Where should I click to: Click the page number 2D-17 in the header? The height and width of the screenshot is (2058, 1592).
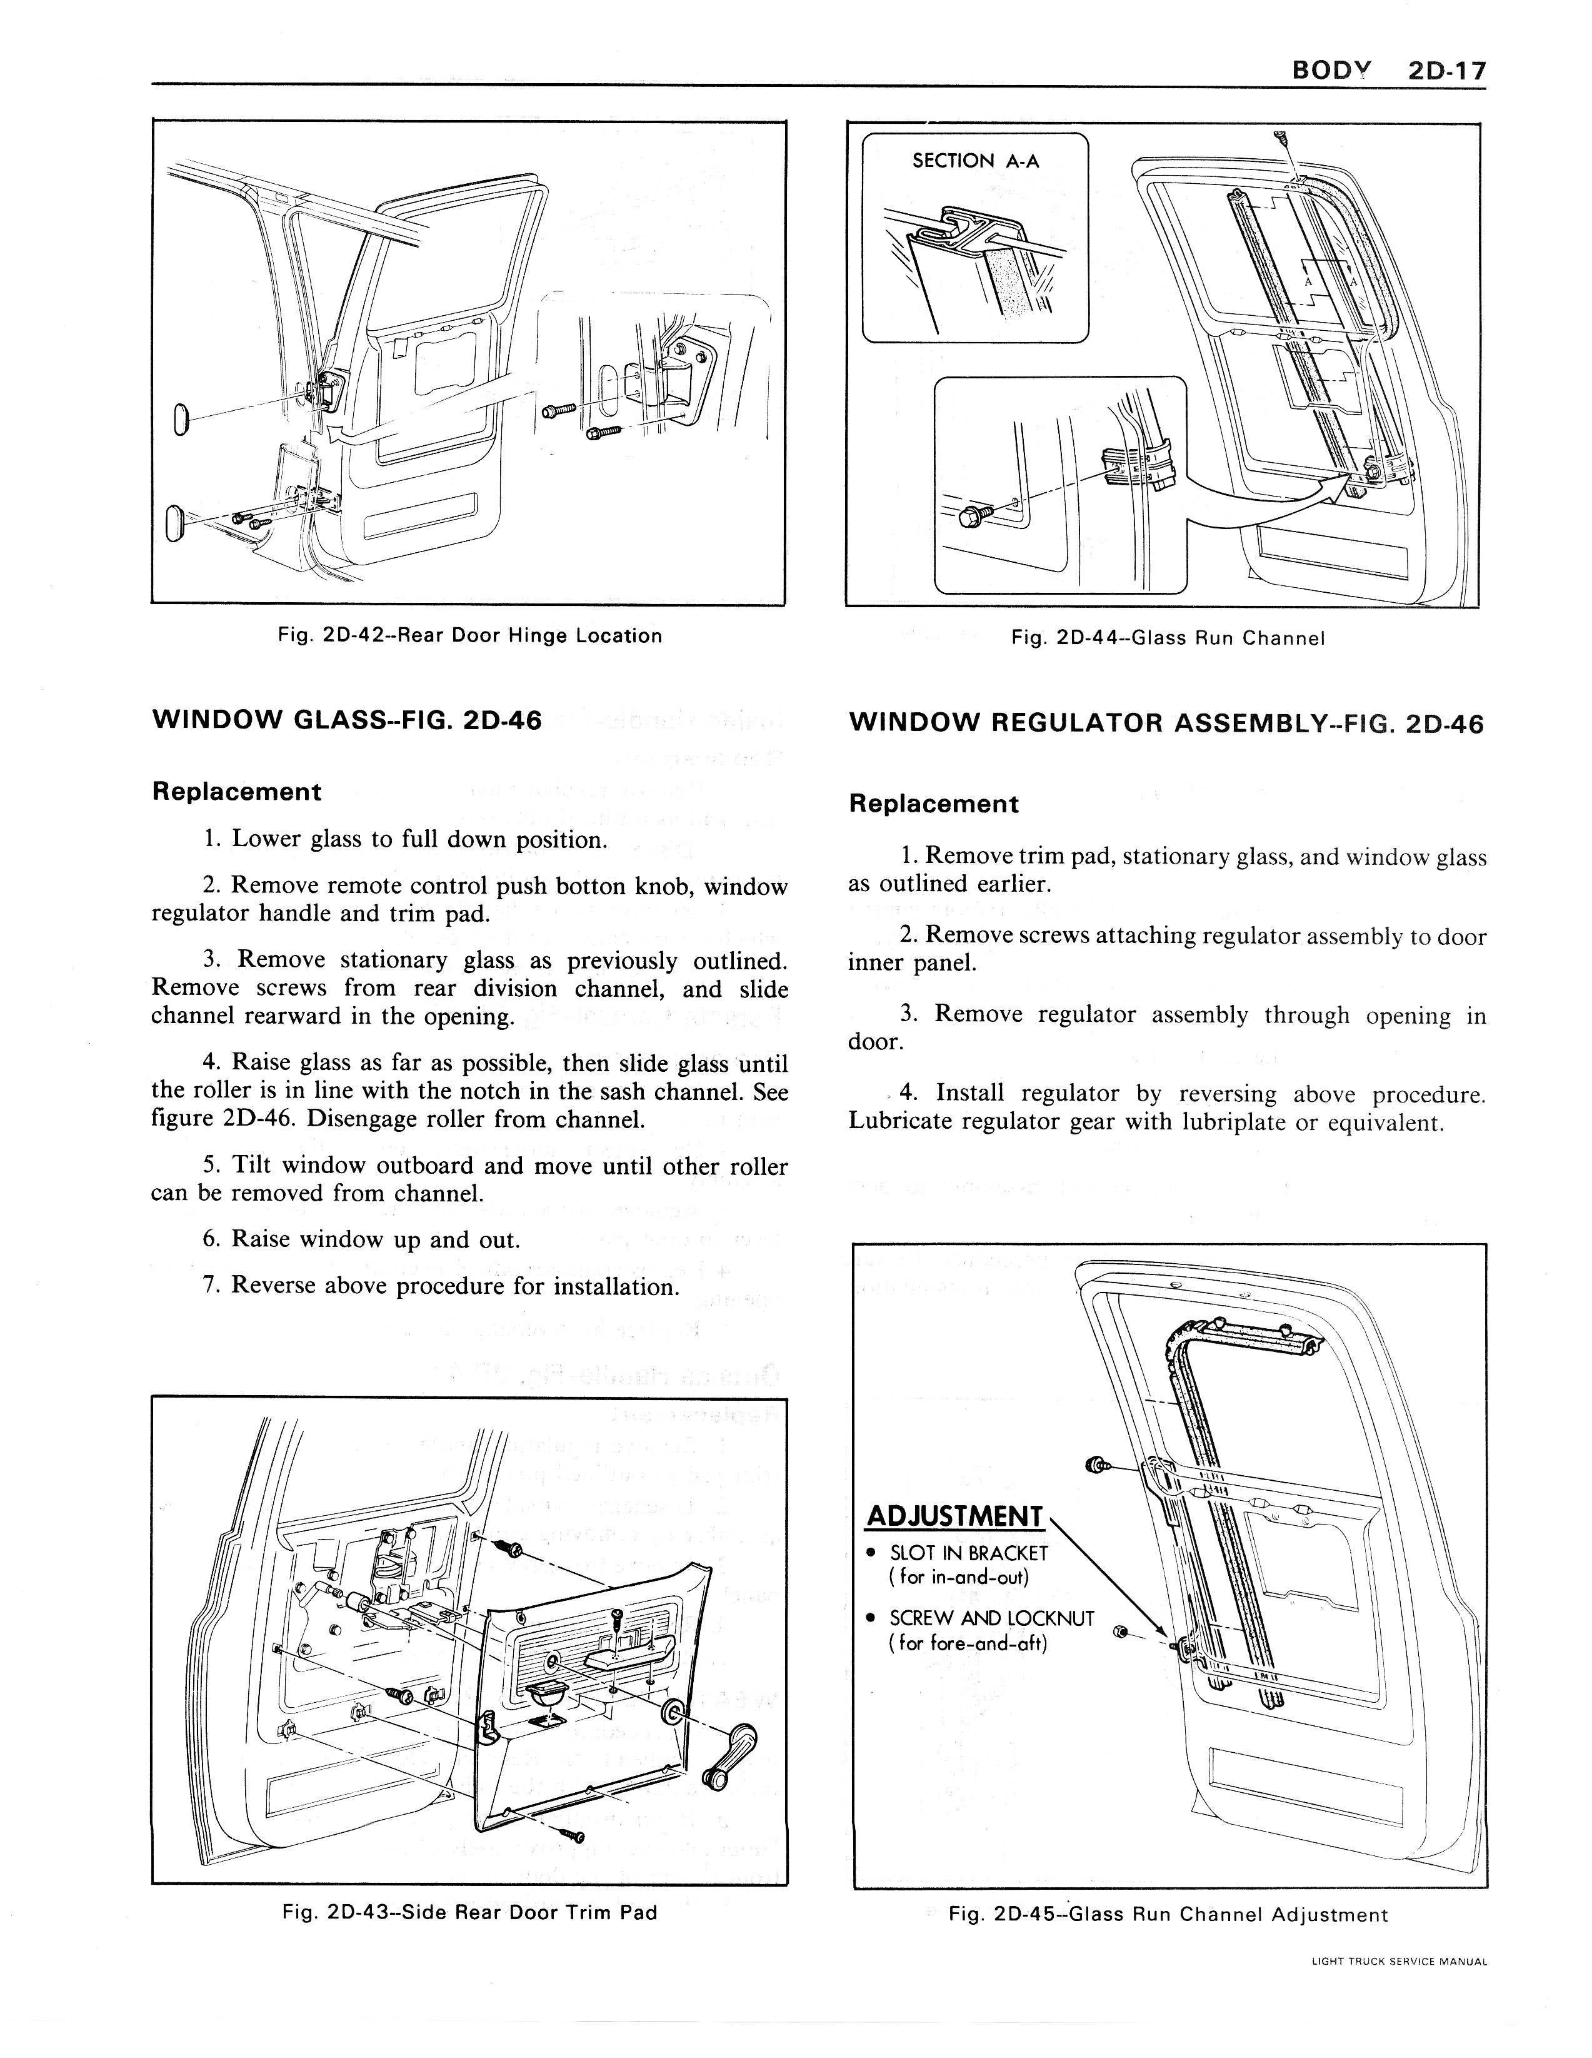pyautogui.click(x=1446, y=71)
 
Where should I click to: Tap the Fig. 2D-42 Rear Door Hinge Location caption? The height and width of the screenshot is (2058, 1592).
pyautogui.click(x=469, y=636)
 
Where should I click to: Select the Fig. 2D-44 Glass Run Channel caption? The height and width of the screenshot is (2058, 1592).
pyautogui.click(x=1168, y=638)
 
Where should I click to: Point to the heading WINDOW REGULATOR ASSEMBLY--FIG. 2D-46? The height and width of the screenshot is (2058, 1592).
pyautogui.click(x=1166, y=724)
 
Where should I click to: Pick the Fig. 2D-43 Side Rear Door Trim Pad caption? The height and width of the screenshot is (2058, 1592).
pyautogui.click(x=469, y=1912)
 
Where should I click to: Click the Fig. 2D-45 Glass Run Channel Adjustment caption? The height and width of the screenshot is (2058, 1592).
pyautogui.click(x=1168, y=1914)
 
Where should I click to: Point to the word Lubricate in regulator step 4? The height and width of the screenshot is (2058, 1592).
pyautogui.click(x=901, y=1122)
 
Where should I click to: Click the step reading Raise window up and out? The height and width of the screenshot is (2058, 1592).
pyautogui.click(x=361, y=1239)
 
